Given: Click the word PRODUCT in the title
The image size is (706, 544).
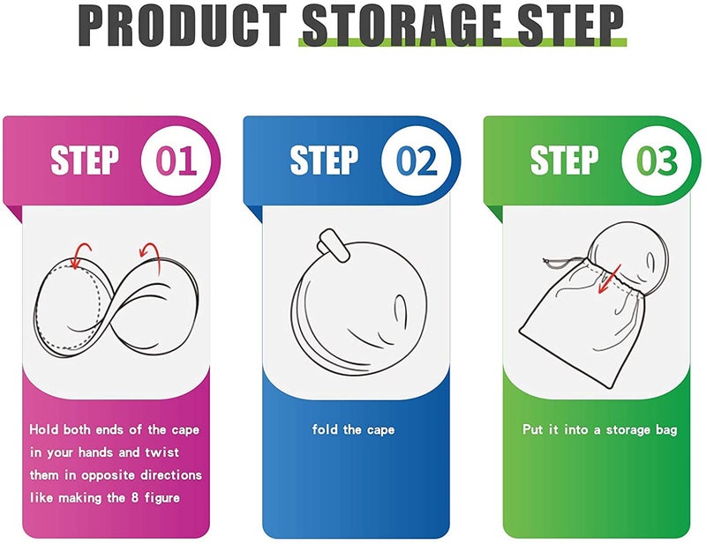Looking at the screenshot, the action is point(183,26).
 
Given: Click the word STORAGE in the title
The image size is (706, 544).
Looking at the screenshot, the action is point(402,26).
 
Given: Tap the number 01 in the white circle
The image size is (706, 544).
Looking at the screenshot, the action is point(176,160).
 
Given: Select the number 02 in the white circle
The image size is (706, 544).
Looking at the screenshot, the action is point(417,160).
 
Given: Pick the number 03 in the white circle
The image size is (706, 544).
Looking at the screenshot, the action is point(657,160).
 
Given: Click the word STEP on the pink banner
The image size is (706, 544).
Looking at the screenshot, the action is point(85,160).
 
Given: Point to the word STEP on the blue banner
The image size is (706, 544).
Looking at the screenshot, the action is point(324,160).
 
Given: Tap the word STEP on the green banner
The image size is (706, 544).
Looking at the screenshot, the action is point(564,160).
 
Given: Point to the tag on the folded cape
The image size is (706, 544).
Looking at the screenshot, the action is point(334,246).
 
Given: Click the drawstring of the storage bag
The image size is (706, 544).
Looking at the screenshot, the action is point(564,263).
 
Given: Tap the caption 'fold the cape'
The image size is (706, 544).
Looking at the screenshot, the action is point(354,429).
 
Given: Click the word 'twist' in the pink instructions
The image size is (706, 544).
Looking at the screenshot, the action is point(162,452).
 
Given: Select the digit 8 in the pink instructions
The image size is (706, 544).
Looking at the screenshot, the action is point(134,497).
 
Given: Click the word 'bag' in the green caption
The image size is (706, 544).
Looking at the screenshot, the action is point(666,430).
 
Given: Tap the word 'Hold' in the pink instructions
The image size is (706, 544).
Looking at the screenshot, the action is point(43,429).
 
